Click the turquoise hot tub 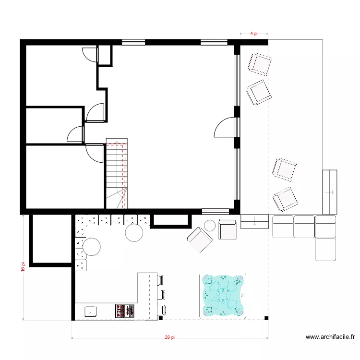(222, 296)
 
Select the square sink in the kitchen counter (90, 311)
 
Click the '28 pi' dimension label (169, 338)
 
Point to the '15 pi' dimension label (23, 267)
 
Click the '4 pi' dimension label (254, 34)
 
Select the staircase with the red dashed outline (116, 174)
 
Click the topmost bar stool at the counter (160, 279)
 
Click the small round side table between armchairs (210, 225)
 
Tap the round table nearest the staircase (134, 233)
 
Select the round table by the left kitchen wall (91, 247)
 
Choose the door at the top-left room (90, 55)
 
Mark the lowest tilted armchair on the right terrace (284, 199)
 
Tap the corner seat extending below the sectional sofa (325, 250)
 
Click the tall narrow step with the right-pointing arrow (329, 192)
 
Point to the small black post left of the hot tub (161, 318)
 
